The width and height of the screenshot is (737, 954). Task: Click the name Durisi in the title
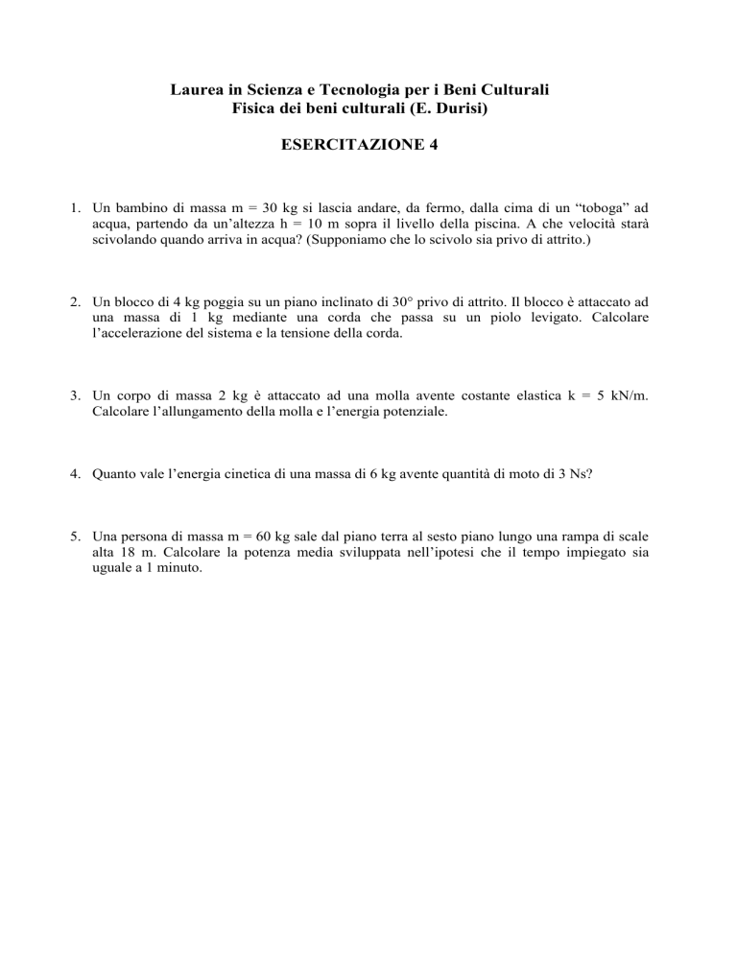[464, 109]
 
